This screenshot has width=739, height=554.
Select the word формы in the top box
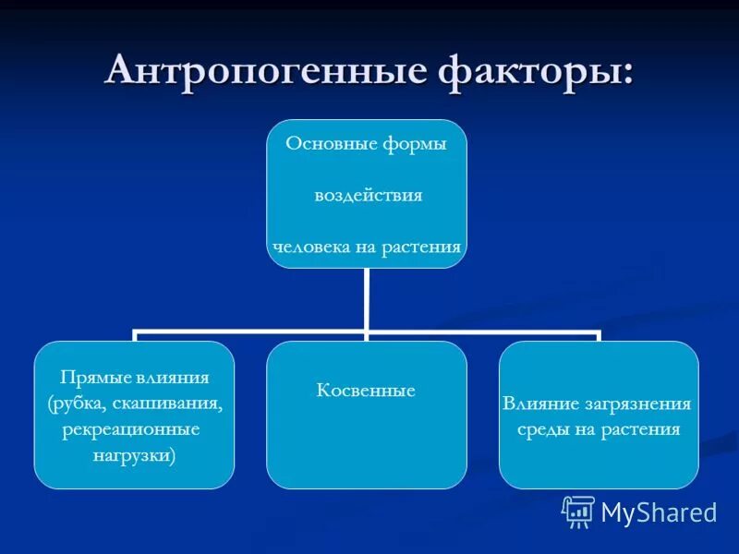(x=410, y=145)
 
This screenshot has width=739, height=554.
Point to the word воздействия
(x=368, y=196)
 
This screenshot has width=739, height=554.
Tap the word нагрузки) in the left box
(x=135, y=456)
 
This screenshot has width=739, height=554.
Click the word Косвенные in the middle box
(x=366, y=391)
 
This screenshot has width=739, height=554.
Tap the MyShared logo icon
(x=578, y=511)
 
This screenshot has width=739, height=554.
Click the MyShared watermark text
(x=659, y=512)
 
